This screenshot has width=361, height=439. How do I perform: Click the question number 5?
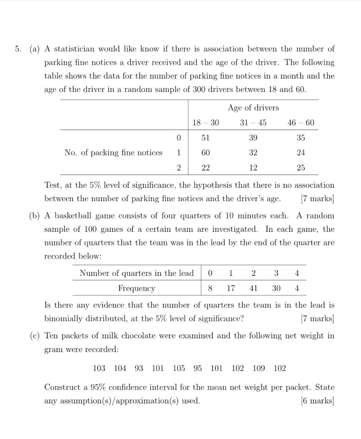click(x=18, y=49)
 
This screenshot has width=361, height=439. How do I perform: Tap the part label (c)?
click(x=35, y=336)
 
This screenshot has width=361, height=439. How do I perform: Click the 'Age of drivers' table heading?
click(x=253, y=108)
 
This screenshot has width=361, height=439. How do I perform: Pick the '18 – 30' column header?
click(x=206, y=123)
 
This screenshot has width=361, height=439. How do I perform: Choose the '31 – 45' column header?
click(x=253, y=123)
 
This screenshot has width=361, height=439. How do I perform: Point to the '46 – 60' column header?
click(x=301, y=123)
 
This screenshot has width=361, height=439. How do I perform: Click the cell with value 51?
click(x=206, y=138)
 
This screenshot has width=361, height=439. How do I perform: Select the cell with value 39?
click(x=253, y=138)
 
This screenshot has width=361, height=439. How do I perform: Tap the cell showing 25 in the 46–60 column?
click(x=301, y=167)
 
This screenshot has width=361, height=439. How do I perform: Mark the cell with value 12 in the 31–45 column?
click(x=253, y=167)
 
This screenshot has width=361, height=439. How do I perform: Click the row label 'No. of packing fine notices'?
click(x=113, y=152)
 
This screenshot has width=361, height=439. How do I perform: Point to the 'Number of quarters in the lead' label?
click(x=137, y=273)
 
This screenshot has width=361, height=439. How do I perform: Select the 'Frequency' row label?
click(x=137, y=288)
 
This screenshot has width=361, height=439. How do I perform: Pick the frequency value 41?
click(x=253, y=288)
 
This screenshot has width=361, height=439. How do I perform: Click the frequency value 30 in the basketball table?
click(x=276, y=288)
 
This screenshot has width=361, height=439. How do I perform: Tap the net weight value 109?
click(x=259, y=368)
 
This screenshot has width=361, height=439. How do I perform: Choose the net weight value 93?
click(x=139, y=368)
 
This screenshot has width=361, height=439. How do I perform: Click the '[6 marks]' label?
click(x=317, y=401)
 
